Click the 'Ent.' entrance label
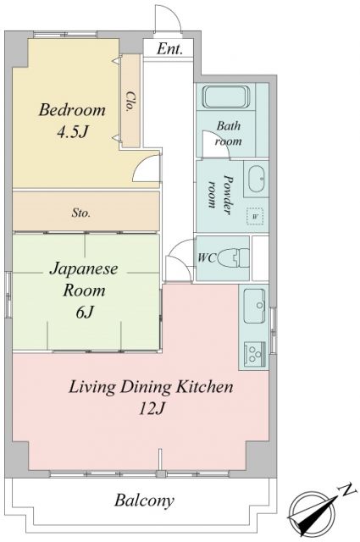point(170,49)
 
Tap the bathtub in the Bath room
point(225,97)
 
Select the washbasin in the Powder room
point(257,178)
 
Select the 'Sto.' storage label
point(81,213)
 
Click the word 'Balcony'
point(144,501)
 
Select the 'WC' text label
point(206,255)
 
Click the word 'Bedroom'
point(72,110)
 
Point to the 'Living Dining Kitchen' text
point(151,388)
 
